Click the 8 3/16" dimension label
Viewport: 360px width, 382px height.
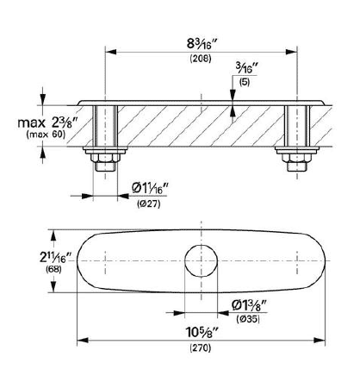point(202,43)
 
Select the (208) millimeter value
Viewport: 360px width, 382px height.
point(201,59)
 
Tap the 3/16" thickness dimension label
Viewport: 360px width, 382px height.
point(246,68)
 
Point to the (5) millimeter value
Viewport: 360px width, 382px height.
point(245,82)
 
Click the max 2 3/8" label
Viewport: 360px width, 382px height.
point(48,122)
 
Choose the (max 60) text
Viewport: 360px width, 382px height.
point(46,134)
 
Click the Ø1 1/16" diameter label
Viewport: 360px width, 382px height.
point(150,189)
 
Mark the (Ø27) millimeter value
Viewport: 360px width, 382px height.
point(149,204)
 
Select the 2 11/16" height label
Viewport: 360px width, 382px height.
point(53,258)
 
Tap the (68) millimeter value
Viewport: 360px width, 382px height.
point(53,270)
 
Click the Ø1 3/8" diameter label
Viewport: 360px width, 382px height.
point(250,305)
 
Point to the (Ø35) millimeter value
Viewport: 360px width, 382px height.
point(248,319)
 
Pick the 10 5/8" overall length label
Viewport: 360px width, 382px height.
point(202,333)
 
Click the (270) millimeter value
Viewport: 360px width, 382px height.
point(201,348)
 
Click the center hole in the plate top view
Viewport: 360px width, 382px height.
point(201,260)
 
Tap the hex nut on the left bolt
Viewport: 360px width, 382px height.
point(105,158)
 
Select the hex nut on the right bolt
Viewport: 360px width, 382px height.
point(297,158)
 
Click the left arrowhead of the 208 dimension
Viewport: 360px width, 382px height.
point(111,52)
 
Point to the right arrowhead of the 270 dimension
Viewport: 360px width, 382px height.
point(320,341)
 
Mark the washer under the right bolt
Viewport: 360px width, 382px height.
point(297,150)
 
